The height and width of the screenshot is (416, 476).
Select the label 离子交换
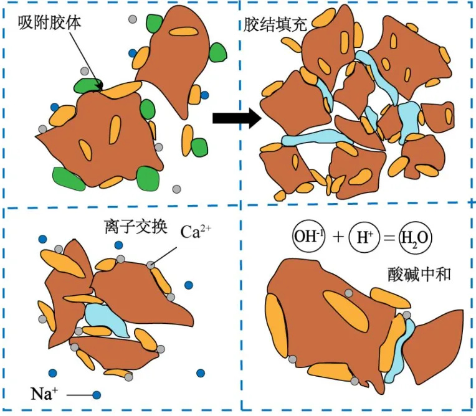pyautogui.click(x=135, y=226)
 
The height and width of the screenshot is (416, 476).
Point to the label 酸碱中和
pyautogui.click(x=414, y=273)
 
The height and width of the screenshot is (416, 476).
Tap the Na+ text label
pyautogui.click(x=43, y=393)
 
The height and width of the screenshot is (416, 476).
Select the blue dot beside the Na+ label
pyautogui.click(x=97, y=394)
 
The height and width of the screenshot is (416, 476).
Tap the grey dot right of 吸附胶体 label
pyautogui.click(x=131, y=18)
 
